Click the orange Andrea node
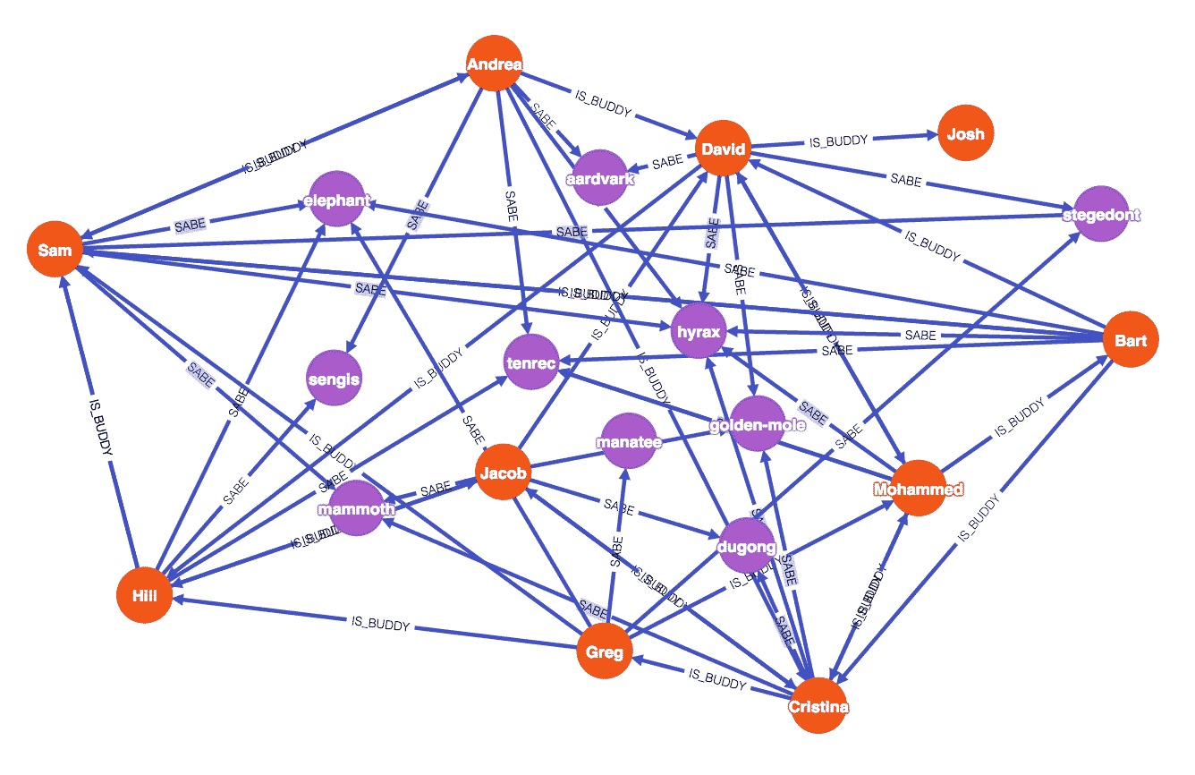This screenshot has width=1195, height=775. point(494,64)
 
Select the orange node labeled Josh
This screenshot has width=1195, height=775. point(966,134)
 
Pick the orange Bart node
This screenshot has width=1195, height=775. point(1131,340)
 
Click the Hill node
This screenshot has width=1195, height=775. point(144,594)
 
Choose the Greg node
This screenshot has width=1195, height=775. point(605,652)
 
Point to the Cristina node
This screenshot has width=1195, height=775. point(818,706)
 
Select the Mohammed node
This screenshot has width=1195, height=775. point(918,489)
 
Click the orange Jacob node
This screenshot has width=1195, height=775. point(503,472)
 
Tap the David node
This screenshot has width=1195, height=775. point(723,149)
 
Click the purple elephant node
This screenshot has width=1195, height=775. point(336,200)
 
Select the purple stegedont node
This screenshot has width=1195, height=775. point(1100,214)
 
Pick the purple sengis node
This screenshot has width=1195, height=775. point(334,379)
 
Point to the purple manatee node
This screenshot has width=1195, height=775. point(629,441)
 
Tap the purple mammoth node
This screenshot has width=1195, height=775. point(356,509)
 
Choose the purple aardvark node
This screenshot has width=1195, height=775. point(599,178)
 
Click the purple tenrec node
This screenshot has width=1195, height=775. point(531,362)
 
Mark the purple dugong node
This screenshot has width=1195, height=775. point(746,545)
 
